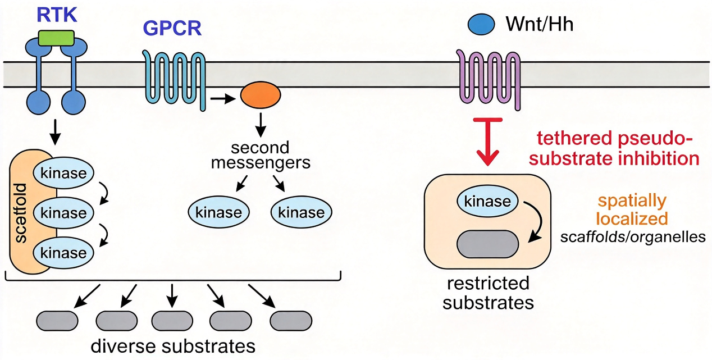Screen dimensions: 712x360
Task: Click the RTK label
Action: coord(57,15)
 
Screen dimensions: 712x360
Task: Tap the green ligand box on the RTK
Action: coord(56,38)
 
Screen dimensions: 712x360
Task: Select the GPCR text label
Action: coord(172,28)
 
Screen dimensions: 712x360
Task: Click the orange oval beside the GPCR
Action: coord(261,95)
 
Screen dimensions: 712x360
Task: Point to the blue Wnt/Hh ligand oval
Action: coord(481,24)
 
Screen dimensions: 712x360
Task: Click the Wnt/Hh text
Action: coord(540,24)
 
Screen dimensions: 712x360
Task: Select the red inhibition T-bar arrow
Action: coord(487,142)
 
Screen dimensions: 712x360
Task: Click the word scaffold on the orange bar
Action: coord(21,213)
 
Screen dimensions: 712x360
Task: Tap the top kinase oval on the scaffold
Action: coord(63,173)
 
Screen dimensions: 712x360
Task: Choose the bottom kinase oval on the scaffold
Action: coord(63,253)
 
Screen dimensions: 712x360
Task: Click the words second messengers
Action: coord(261,155)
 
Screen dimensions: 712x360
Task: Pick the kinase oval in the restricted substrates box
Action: coord(487,201)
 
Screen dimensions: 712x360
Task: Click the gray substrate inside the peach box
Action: coord(487,244)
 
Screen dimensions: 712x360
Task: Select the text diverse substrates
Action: coord(173,346)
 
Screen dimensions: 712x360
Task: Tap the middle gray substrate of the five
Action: coord(172,321)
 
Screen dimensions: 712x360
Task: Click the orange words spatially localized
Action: coord(632,209)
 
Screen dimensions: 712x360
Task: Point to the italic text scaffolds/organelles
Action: coord(632,237)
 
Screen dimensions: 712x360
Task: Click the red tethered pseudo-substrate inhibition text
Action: coord(614,148)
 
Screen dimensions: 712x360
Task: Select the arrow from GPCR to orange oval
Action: coord(223,99)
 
